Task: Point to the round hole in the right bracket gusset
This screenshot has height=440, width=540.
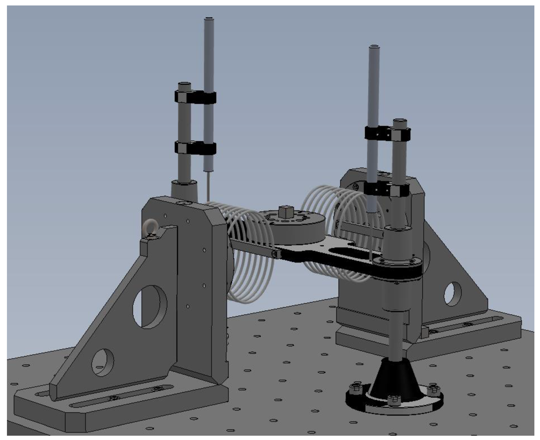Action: [x=452, y=294]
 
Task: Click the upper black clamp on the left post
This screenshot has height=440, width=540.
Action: [x=195, y=97]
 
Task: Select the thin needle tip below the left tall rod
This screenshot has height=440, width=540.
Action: [x=209, y=186]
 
